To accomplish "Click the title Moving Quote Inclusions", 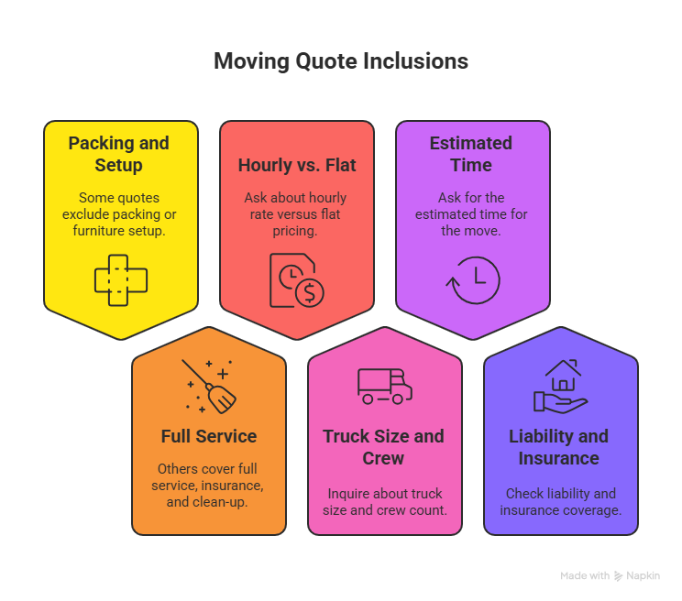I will pos(341,61).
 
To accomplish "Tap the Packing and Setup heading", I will pos(119,154).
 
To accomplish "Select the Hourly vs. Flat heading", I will pos(297,165).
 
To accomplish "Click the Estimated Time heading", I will pos(471,154).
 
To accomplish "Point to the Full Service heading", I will pos(209,436).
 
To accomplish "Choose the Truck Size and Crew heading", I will pos(383,447).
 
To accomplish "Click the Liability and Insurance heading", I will pos(559,447).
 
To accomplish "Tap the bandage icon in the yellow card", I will pos(121,279).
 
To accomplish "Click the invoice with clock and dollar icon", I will pos(295,279).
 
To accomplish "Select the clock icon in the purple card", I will pos(473,279).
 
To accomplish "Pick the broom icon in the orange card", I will pos(209,386).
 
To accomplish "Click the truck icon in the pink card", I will pos(384,386).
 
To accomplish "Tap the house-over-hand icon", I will pos(560,386).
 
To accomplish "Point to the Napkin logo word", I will pos(643,576).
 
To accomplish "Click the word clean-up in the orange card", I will pos(225,502).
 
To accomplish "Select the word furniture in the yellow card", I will pos(103,231).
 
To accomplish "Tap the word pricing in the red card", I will pos(296,231).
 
